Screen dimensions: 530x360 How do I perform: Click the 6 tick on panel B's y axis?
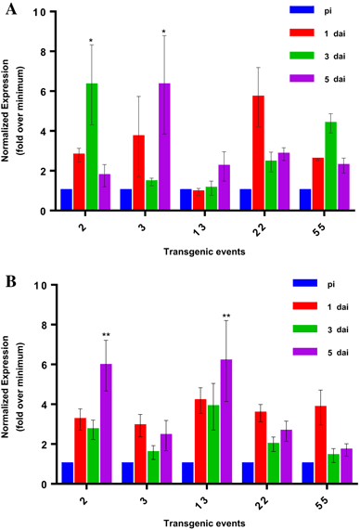coord(44,365)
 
